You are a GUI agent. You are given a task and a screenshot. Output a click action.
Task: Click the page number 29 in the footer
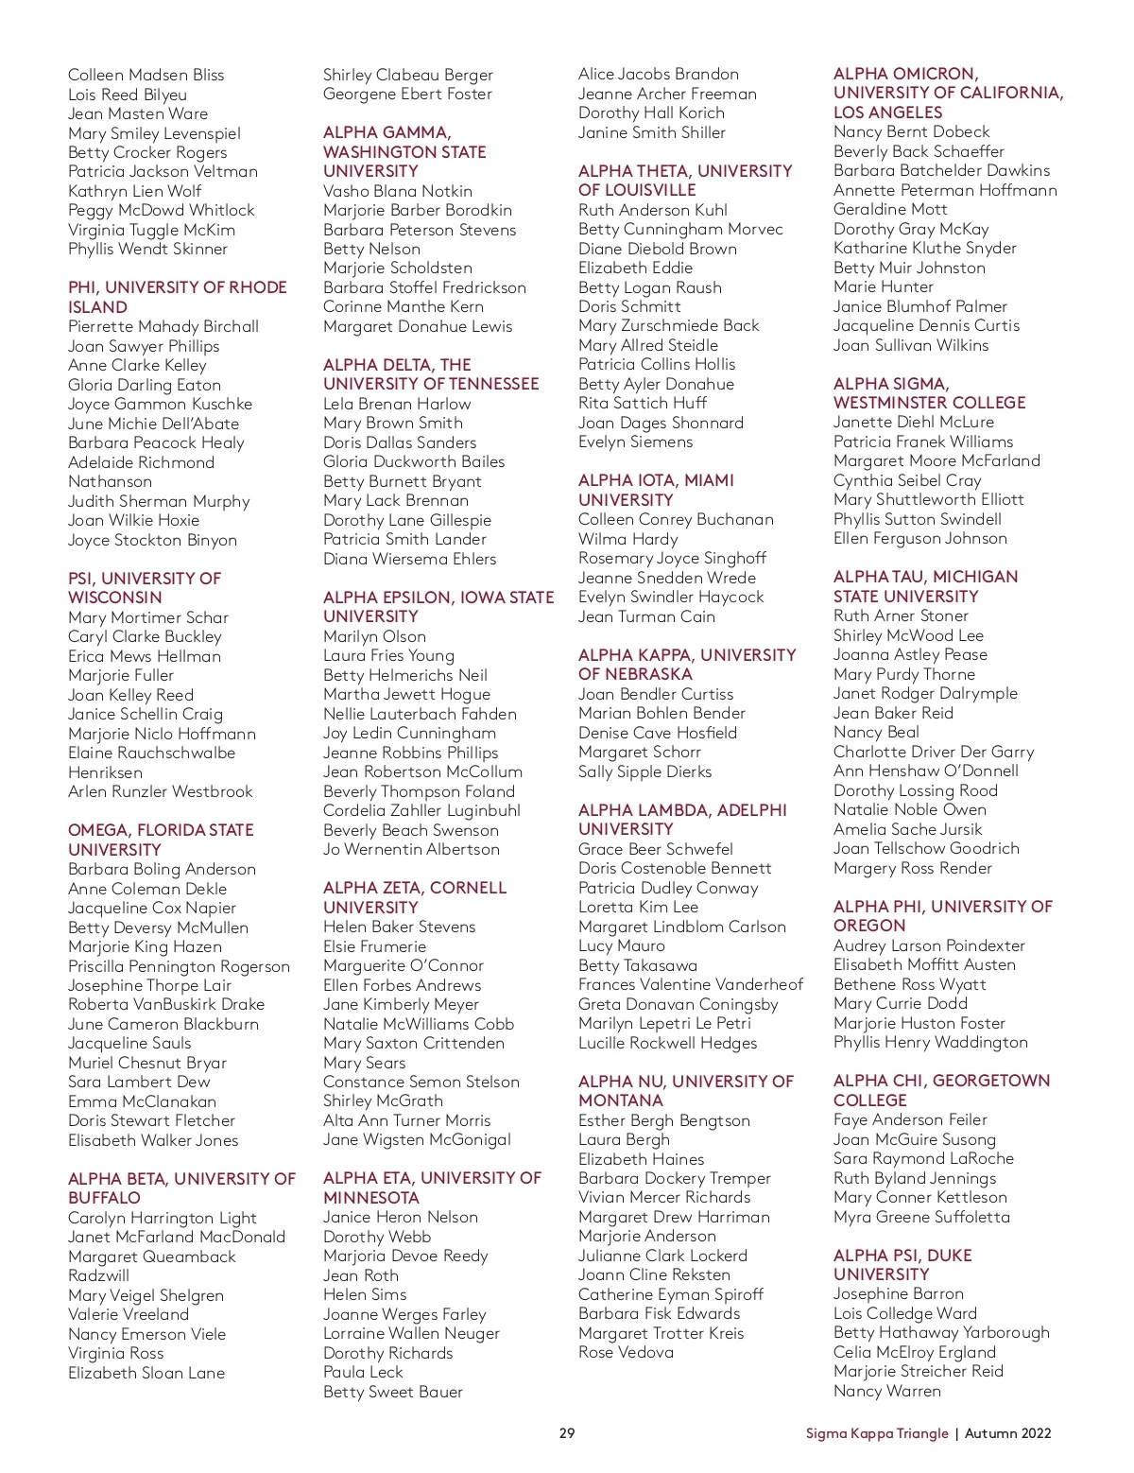click(567, 1432)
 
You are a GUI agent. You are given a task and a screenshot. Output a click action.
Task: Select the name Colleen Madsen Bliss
click(146, 75)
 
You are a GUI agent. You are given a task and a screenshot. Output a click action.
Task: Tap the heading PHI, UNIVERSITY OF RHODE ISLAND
click(177, 297)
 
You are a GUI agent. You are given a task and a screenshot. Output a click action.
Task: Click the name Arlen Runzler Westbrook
click(160, 791)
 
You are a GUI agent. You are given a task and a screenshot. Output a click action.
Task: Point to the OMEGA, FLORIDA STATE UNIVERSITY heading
click(161, 840)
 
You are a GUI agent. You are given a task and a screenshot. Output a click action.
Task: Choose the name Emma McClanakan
click(142, 1101)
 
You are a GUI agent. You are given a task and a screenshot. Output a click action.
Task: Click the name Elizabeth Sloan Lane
click(146, 1373)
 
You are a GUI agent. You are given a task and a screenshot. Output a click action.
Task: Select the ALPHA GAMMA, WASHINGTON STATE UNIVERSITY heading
click(404, 151)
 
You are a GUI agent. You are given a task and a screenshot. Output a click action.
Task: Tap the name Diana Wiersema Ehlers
click(409, 559)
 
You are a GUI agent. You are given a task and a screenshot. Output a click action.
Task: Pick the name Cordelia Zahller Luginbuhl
click(421, 810)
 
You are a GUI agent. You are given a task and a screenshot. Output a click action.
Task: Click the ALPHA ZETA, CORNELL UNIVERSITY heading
click(415, 897)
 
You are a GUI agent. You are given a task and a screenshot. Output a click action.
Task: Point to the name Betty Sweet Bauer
click(393, 1392)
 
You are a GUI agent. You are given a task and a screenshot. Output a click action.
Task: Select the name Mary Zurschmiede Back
click(668, 325)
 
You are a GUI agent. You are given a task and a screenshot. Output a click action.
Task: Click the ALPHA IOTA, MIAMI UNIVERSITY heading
click(656, 490)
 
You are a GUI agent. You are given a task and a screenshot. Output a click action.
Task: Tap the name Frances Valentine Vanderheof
click(690, 984)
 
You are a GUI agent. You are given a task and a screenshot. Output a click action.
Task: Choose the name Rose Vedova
click(626, 1352)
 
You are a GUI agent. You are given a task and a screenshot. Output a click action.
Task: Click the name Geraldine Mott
click(890, 209)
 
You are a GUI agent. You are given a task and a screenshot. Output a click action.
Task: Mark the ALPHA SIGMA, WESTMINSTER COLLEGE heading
click(929, 392)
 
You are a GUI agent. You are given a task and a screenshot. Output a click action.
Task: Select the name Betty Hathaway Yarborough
click(941, 1332)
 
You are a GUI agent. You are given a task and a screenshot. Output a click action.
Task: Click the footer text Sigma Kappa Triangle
click(876, 1433)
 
